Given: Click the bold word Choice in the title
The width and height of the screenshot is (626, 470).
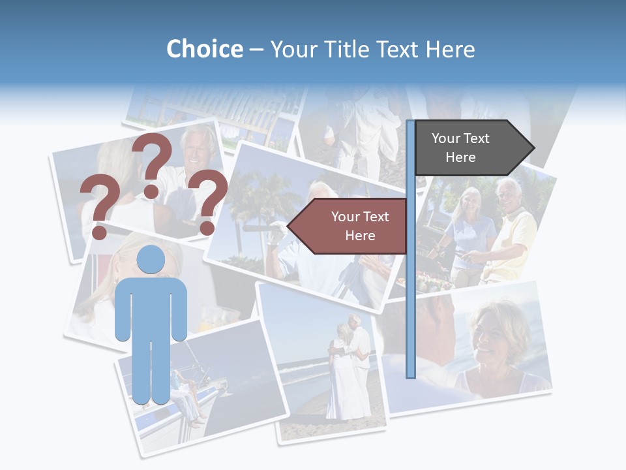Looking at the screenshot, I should [204, 49].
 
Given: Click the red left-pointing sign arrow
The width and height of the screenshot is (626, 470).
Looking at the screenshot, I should [349, 226].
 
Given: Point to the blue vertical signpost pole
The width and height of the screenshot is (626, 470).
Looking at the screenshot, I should [411, 274].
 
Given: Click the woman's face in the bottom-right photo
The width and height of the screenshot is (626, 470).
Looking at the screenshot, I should [493, 332].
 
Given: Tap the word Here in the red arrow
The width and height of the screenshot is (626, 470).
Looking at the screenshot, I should [360, 236].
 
